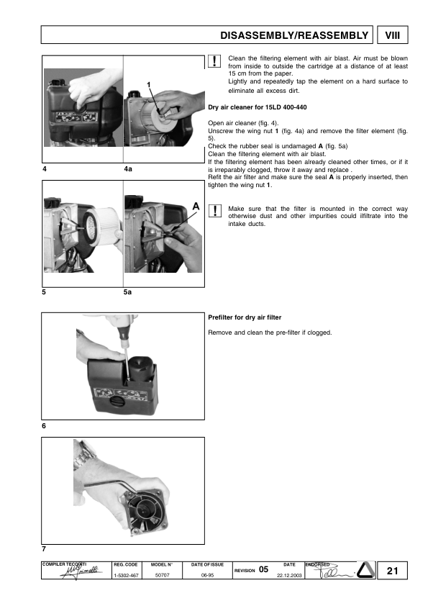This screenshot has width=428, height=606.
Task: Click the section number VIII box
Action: [x=392, y=35]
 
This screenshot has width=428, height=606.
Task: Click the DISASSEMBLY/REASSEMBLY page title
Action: [x=295, y=35]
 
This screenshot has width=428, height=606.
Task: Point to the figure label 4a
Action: [x=128, y=168]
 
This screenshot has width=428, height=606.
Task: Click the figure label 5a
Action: [x=128, y=293]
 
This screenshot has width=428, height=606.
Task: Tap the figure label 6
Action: [x=45, y=426]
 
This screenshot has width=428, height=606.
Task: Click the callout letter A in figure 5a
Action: [x=194, y=206]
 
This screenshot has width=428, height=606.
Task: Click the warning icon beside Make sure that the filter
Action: [x=215, y=210]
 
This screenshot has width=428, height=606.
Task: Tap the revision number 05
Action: [x=264, y=569]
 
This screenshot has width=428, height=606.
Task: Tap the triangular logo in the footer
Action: [x=368, y=571]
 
